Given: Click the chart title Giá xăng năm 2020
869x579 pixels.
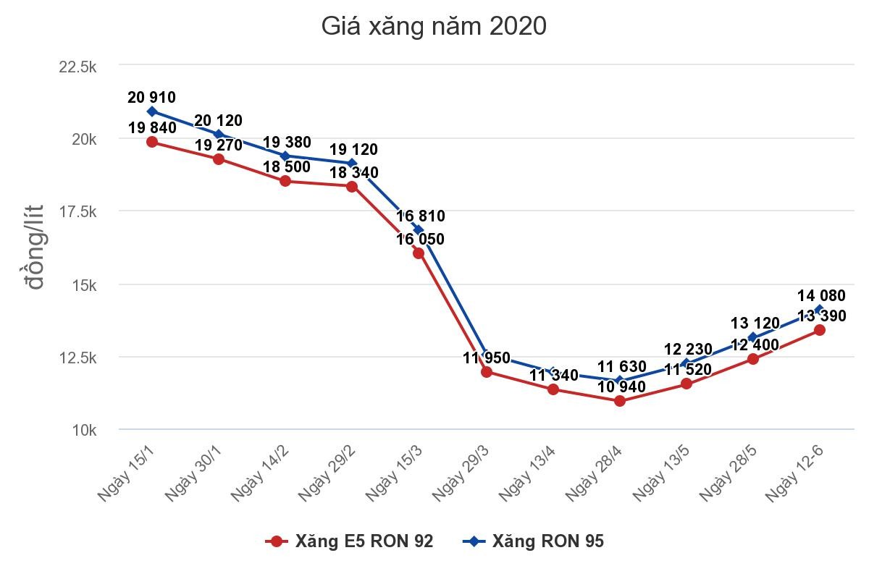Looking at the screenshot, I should pos(434,27).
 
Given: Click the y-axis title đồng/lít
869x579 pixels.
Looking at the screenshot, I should pos(35,248).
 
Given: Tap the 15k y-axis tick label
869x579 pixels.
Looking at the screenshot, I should pos(85,284).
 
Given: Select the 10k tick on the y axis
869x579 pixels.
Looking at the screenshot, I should pos(85,431).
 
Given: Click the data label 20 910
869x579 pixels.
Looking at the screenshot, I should pos(151,98).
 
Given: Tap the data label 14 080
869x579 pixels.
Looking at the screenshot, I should pos(820,295).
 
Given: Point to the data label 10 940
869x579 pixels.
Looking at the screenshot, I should pos(621,386).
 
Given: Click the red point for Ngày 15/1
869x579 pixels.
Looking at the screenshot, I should pos(152,142).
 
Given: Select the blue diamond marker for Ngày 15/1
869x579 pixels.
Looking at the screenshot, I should pos(152,111).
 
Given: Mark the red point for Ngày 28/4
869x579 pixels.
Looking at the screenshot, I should pos(620,400).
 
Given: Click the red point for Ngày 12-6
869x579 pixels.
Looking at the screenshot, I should pos(820,329).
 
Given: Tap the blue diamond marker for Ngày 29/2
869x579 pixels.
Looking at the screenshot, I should pos(352,163).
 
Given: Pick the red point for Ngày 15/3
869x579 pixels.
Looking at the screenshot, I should pos(419,253).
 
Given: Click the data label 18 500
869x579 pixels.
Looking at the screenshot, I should pos(285,167).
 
